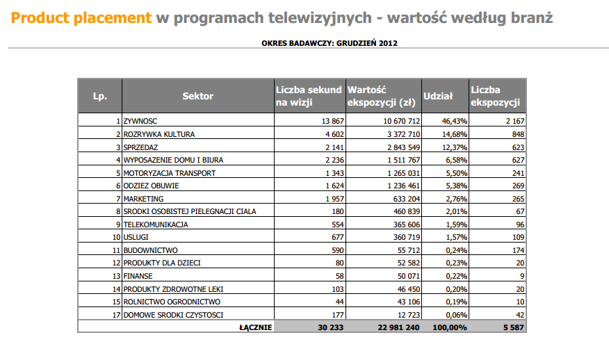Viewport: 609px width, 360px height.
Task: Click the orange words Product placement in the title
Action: pos(81,17)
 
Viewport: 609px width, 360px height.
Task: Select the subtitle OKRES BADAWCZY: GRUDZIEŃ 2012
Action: pos(330,43)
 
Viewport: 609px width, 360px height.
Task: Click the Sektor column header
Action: pos(198,96)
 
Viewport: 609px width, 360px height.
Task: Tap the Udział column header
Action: pos(438,96)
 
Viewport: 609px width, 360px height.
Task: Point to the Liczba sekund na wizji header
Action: pos(309,96)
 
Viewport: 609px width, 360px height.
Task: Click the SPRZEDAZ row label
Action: pos(141,147)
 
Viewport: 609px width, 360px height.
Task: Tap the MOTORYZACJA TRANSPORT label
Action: pos(169,173)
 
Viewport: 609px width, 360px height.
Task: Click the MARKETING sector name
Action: pos(143,199)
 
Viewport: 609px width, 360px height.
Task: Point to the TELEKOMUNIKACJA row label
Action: pos(156,224)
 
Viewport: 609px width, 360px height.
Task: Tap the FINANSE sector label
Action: pos(138,276)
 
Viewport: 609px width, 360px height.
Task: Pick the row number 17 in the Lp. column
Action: pos(117,315)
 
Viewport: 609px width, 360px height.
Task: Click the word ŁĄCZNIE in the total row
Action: pos(255,327)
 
